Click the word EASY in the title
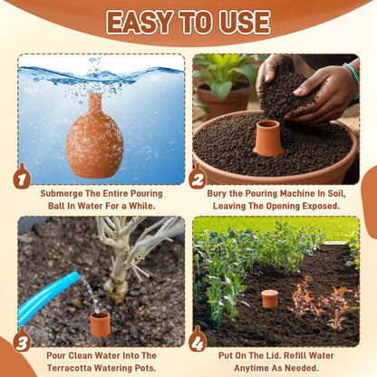(139, 22)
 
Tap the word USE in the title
(245, 22)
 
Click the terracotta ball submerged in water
(95, 136)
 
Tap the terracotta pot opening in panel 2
(268, 138)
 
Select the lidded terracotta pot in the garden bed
(270, 299)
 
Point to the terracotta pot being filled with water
(101, 324)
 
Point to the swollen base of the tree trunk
(116, 291)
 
